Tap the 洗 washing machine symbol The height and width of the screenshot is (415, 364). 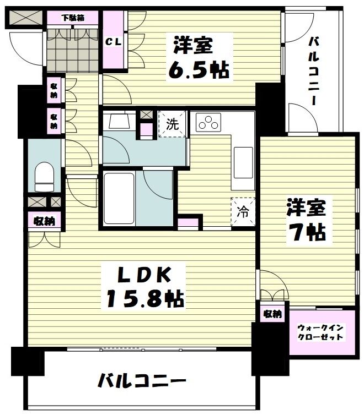point(173,124)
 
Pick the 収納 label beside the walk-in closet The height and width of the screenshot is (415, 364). point(272,314)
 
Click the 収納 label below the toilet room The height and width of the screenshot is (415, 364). point(44,222)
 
